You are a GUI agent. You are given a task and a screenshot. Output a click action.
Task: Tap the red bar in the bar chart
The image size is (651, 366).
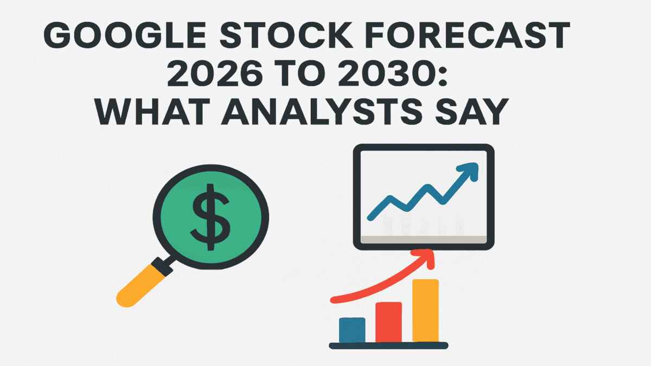pyautogui.click(x=388, y=322)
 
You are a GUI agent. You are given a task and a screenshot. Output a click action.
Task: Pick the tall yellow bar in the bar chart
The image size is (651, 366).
pyautogui.click(x=425, y=311)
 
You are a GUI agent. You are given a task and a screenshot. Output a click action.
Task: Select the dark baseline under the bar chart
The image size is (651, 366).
pyautogui.click(x=388, y=345)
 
